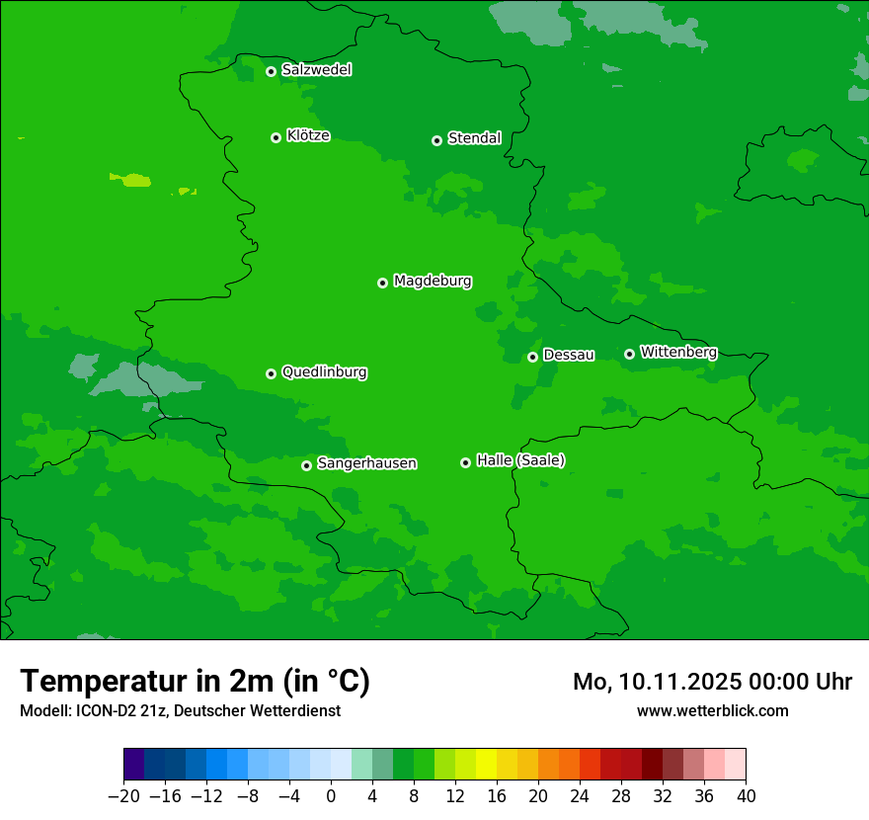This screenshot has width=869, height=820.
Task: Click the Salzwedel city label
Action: pyautogui.click(x=316, y=70)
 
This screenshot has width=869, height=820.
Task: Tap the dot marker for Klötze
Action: pyautogui.click(x=276, y=137)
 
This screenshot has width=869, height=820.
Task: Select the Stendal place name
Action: pyautogui.click(x=474, y=138)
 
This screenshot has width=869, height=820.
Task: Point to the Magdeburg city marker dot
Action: pyautogui.click(x=382, y=283)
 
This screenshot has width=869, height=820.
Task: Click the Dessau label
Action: pyautogui.click(x=569, y=355)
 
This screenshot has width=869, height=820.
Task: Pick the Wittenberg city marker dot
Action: pyautogui.click(x=629, y=354)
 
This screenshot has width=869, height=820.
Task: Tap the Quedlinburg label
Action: pyautogui.click(x=324, y=372)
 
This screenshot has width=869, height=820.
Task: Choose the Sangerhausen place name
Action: pyautogui.click(x=366, y=463)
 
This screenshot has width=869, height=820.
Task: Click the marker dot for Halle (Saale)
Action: pyautogui.click(x=465, y=462)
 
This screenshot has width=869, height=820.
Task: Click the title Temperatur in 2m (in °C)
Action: pyautogui.click(x=195, y=682)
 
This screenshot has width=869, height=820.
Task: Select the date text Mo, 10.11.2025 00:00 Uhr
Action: pyautogui.click(x=712, y=682)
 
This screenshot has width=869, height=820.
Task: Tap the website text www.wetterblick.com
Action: pyautogui.click(x=712, y=710)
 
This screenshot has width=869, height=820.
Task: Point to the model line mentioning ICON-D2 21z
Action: pyautogui.click(x=180, y=710)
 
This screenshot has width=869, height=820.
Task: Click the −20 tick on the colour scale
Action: pyautogui.click(x=123, y=795)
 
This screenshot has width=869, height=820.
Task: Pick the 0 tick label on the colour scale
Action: pyautogui.click(x=331, y=795)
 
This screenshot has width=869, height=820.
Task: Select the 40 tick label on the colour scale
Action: pyautogui.click(x=746, y=795)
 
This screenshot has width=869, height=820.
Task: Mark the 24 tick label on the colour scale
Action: pyautogui.click(x=580, y=795)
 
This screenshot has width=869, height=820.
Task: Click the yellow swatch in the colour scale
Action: pyautogui.click(x=486, y=765)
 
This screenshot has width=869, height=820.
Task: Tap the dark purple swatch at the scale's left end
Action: pyautogui.click(x=134, y=765)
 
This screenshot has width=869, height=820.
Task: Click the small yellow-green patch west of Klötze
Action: pyautogui.click(x=131, y=180)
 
